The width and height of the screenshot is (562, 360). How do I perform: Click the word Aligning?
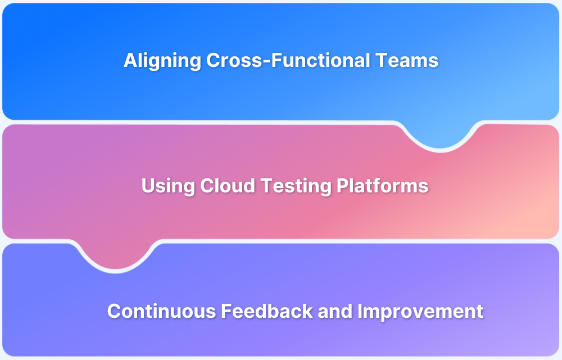(x=162, y=61)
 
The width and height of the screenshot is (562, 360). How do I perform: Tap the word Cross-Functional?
(x=288, y=60)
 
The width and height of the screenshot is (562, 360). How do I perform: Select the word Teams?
(x=407, y=60)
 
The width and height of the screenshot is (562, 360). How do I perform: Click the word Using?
(x=167, y=186)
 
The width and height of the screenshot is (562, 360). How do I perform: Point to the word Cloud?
(x=227, y=186)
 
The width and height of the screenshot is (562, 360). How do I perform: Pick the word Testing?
(x=296, y=186)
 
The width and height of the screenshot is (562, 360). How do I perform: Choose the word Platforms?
(x=382, y=186)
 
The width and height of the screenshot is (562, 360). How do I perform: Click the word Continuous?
(x=161, y=311)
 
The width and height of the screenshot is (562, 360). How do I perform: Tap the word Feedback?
(x=267, y=311)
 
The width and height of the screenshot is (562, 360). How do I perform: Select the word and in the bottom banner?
(x=335, y=311)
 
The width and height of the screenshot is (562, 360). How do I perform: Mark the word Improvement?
(x=420, y=312)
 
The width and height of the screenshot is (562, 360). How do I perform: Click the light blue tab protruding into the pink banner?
(x=440, y=134)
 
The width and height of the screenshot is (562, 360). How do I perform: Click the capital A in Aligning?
(x=130, y=60)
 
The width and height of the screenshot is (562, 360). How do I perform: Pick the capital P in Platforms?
(x=343, y=186)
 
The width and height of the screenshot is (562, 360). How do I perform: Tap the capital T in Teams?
(x=382, y=60)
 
